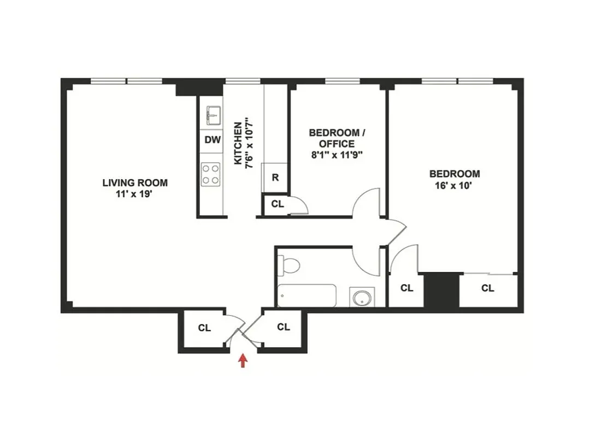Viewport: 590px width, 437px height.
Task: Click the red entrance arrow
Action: tap(243, 361)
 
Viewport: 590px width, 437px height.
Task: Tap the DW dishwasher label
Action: tap(213, 140)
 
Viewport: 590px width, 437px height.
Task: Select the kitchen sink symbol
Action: tap(213, 116)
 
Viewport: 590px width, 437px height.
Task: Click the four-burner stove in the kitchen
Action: tap(210, 174)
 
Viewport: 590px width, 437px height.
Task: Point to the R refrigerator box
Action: tap(275, 178)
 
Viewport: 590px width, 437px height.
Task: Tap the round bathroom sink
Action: tap(362, 298)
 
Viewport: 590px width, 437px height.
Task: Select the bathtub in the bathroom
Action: tap(308, 297)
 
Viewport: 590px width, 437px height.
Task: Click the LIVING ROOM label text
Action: tap(135, 182)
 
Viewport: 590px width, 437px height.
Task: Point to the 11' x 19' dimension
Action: tap(135, 193)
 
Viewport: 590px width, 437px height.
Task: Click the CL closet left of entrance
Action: tap(204, 328)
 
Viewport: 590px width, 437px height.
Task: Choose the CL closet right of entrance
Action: tap(283, 327)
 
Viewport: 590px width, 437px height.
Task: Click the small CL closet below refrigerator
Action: tap(278, 204)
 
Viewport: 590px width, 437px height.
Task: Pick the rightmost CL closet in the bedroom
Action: tap(488, 288)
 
